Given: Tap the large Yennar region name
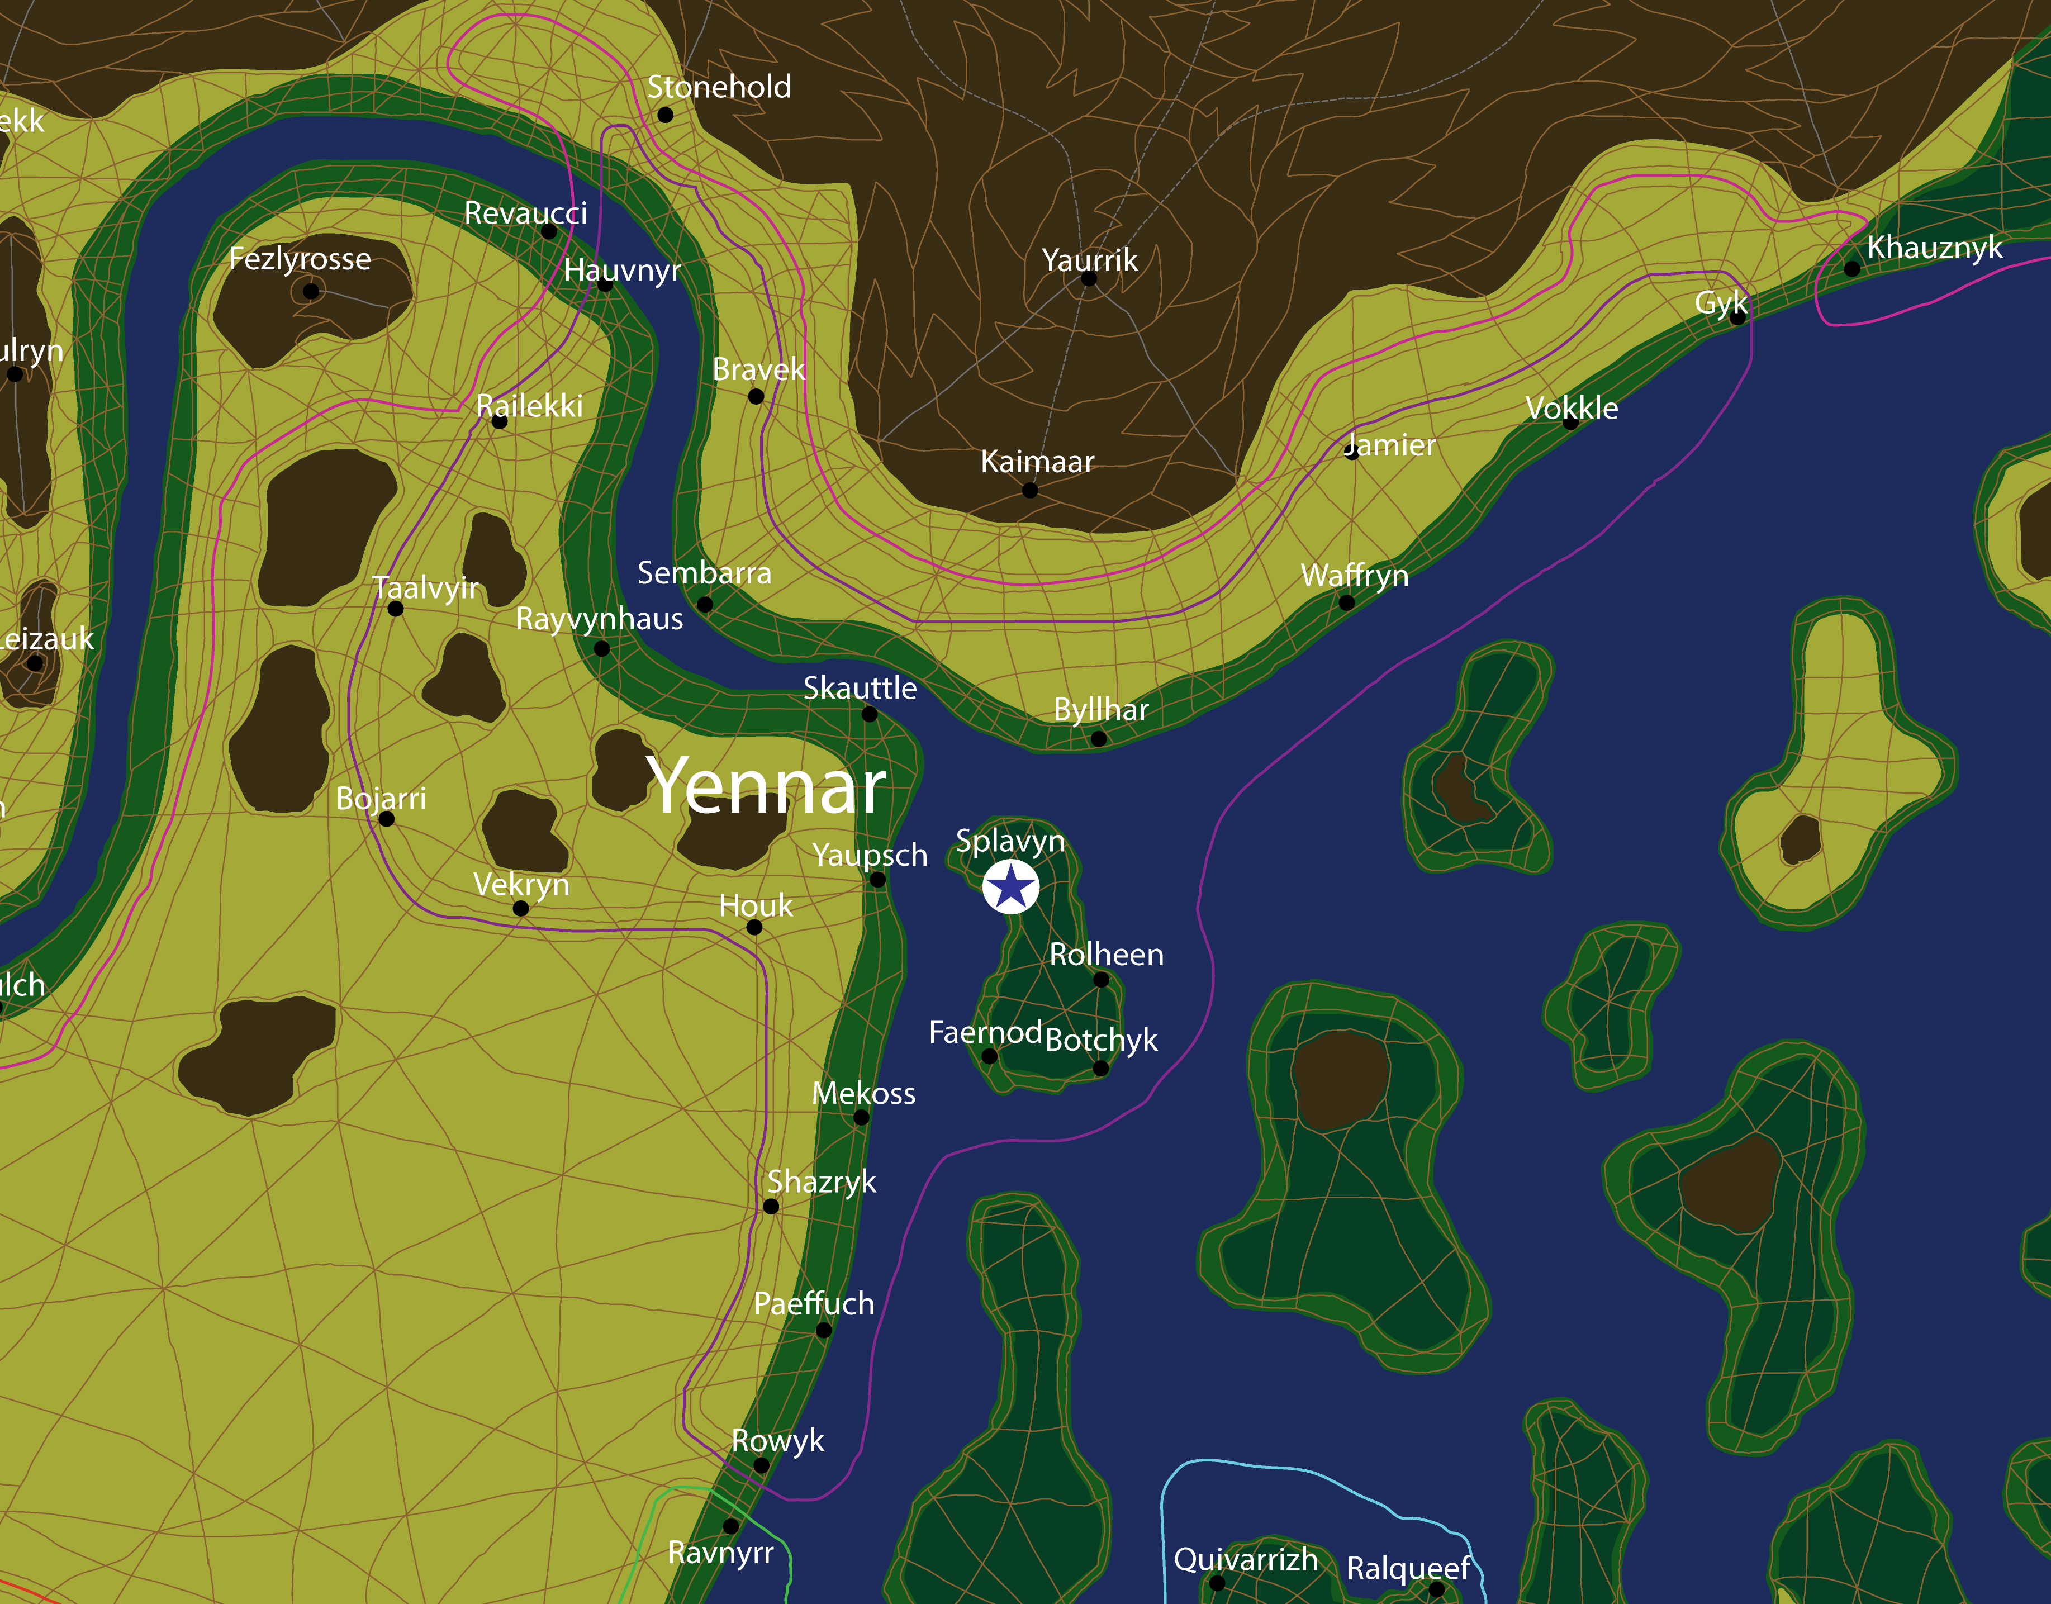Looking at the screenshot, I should pos(766,787).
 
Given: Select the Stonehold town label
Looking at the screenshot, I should pos(719,87).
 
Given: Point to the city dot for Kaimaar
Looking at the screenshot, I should pos(1030,490).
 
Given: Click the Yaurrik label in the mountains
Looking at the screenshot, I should pos(1089,260).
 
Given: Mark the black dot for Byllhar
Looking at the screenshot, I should pos(1099,739).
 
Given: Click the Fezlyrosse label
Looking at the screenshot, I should pos(300,259).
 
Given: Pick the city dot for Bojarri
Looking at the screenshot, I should pos(386,819).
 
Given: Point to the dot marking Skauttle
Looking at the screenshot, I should pos(870,715).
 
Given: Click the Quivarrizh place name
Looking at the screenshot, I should pos(1245,1560).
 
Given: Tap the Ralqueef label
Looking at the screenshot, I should pos(1408,1568).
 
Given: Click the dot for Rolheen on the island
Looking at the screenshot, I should pos(1102,980).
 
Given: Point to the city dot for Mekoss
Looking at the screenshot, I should pos(861,1118).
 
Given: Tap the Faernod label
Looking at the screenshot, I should pos(985,1032).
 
